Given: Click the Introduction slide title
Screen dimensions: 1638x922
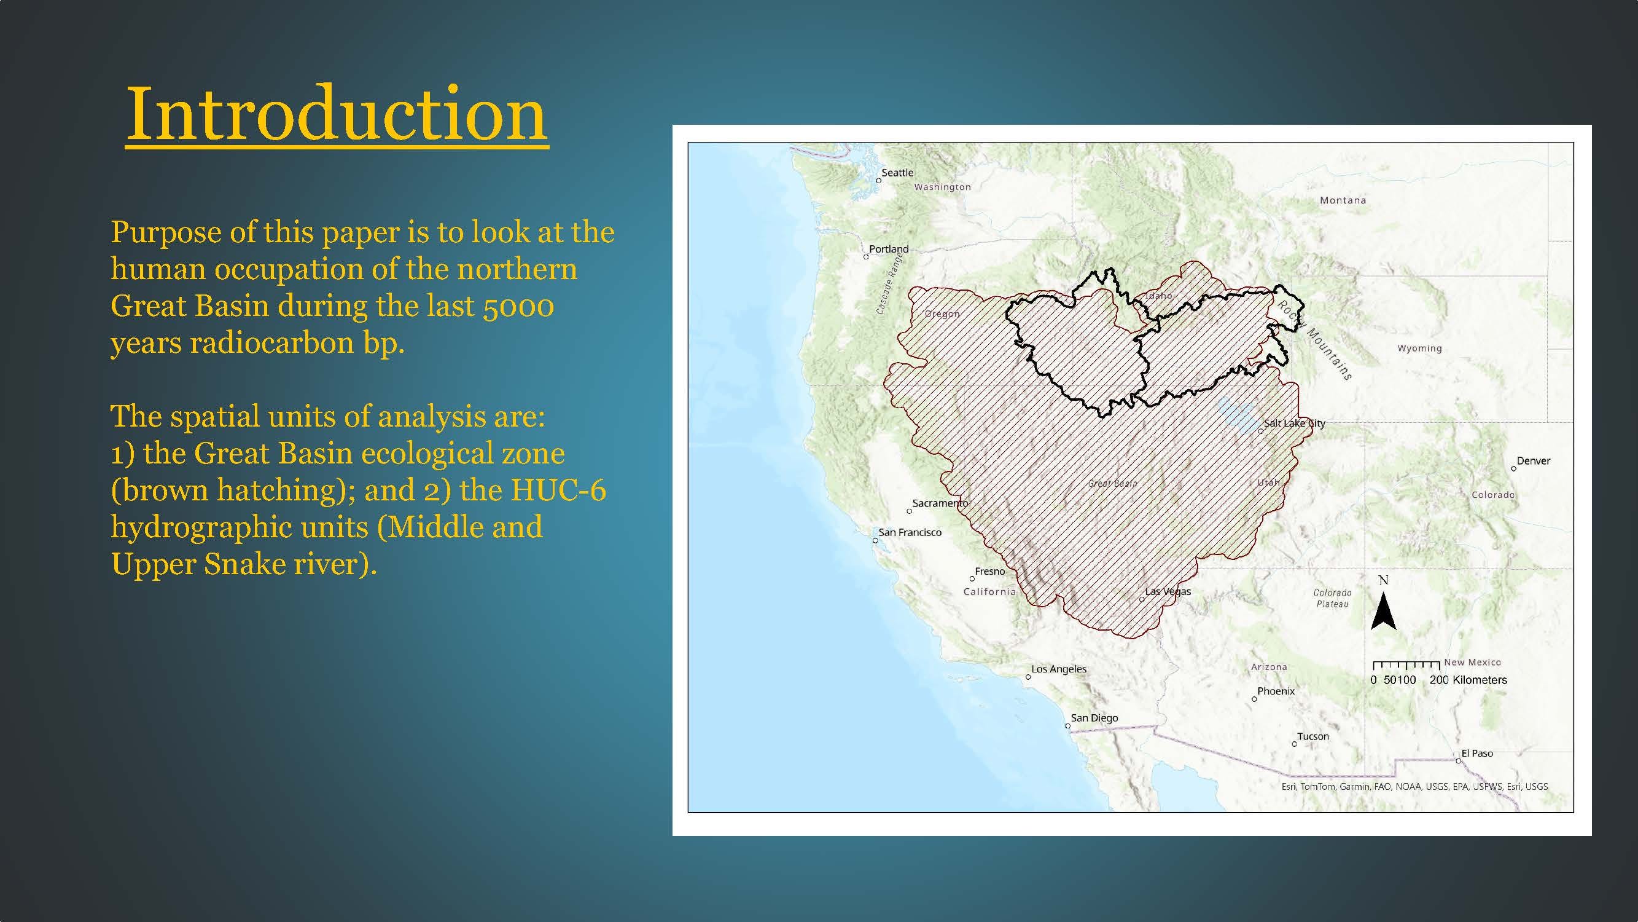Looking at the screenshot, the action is tap(337, 114).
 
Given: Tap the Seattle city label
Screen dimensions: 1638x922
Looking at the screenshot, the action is tap(897, 173).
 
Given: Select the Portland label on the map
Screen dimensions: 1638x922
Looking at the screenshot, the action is tap(888, 249).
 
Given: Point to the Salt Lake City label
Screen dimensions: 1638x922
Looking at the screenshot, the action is tap(1294, 423).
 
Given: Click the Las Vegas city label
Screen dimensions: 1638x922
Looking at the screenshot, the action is tap(1168, 591).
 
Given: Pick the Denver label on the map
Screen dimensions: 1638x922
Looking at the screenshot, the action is tap(1533, 460).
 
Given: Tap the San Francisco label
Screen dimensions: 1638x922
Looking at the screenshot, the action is tap(910, 532).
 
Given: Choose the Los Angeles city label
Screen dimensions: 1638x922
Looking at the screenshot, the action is tap(1059, 669).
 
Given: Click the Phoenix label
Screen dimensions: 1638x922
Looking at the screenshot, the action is tap(1276, 691).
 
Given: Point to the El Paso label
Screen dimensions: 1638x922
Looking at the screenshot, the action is tap(1476, 754).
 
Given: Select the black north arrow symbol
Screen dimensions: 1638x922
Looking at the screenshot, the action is tap(1383, 611).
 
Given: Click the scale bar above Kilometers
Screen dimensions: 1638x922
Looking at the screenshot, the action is tap(1406, 666).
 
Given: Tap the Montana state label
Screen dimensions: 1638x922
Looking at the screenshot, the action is tap(1343, 200).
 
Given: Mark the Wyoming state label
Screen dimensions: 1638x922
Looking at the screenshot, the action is tap(1419, 349).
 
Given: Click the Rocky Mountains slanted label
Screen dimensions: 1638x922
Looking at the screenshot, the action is tap(1314, 341).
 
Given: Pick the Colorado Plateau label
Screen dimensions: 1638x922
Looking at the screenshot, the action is tap(1332, 598).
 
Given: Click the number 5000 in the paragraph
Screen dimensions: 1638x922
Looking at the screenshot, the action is tap(518, 307).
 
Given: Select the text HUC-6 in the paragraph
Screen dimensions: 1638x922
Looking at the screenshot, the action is tap(558, 490).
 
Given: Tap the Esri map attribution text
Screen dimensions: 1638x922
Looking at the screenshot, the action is tap(1414, 787).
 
